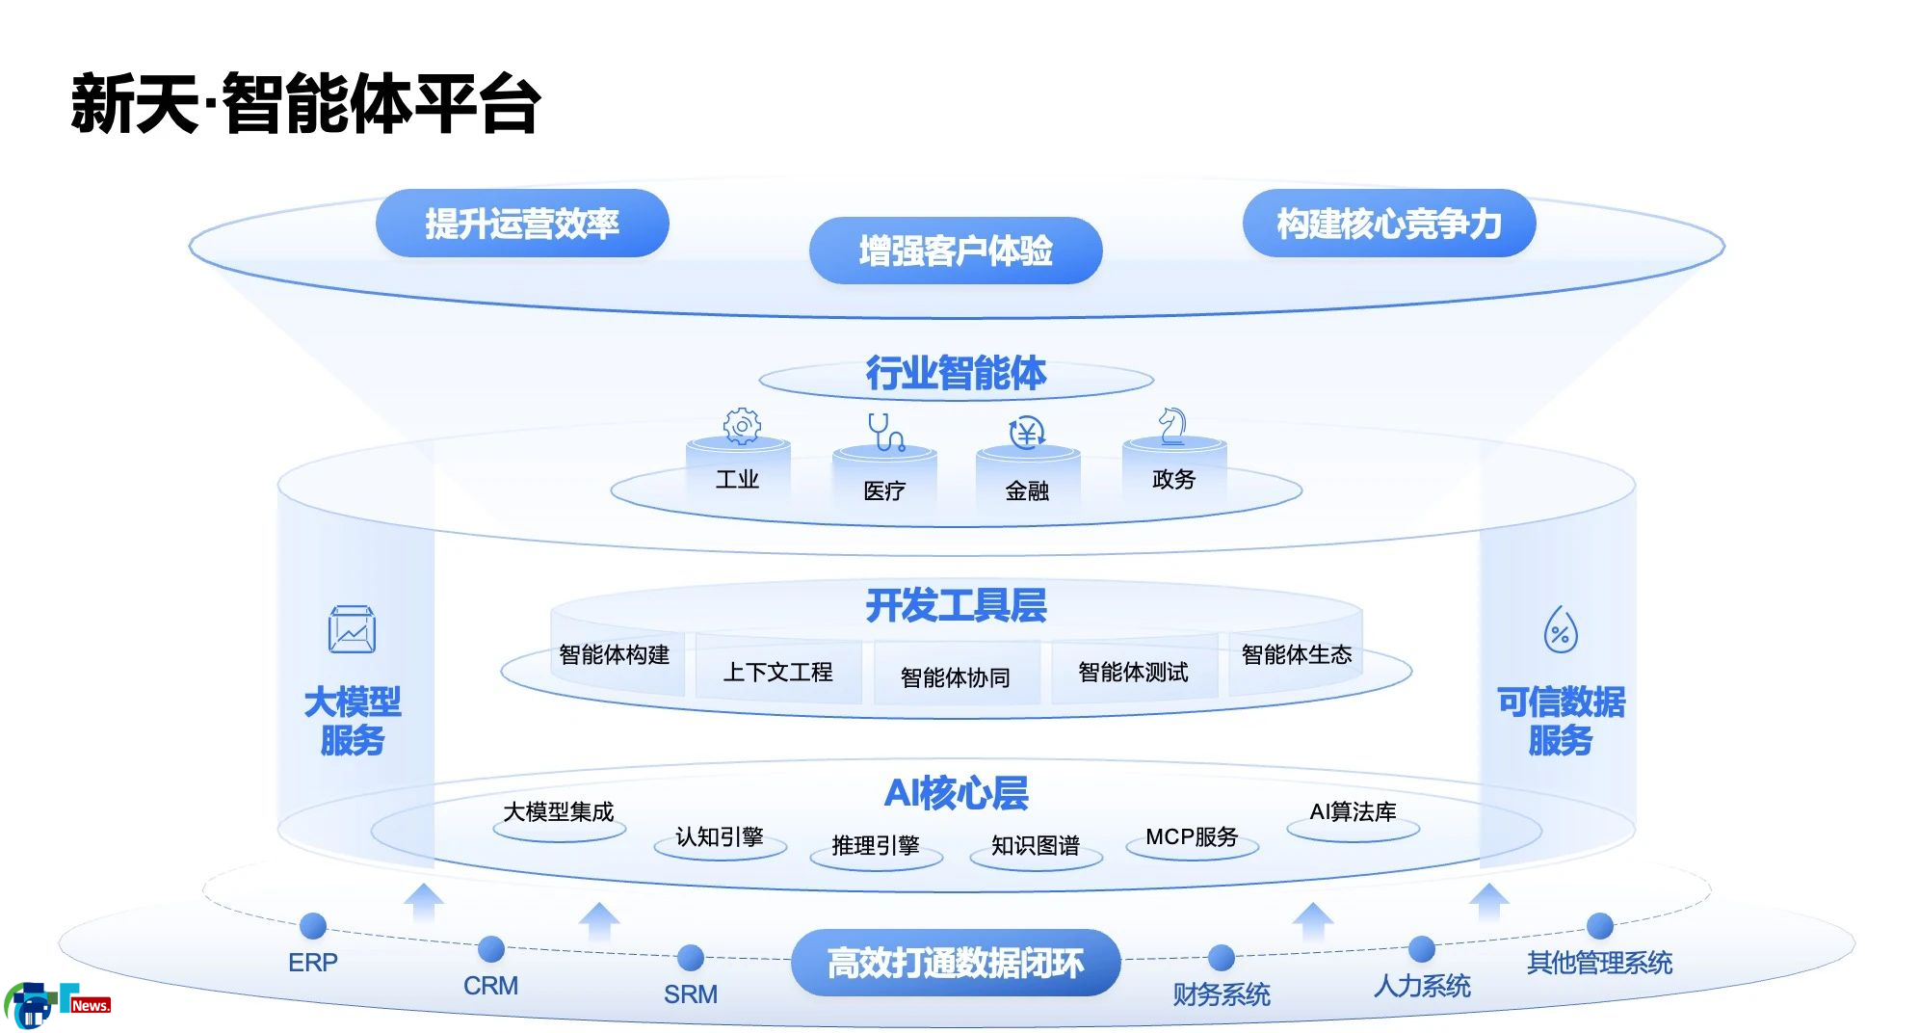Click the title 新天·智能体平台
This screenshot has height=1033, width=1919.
tap(305, 103)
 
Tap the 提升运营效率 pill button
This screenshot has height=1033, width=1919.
tap(522, 224)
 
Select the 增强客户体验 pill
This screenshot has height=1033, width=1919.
tap(956, 251)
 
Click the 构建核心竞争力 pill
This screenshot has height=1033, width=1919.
tap(1389, 224)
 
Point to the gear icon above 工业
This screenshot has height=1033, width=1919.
tap(742, 425)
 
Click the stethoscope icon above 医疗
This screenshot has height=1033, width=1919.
tap(885, 432)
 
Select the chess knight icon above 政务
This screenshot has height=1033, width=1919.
tap(1172, 425)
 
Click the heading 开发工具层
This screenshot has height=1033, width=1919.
tap(956, 605)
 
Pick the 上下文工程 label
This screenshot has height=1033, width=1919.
tap(778, 672)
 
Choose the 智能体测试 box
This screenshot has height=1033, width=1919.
tap(1134, 672)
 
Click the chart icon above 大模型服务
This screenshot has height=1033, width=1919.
tap(352, 630)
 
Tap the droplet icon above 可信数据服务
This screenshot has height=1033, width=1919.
tap(1561, 629)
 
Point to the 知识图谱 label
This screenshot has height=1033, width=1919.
tap(1036, 845)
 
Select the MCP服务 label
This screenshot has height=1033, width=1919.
tap(1192, 836)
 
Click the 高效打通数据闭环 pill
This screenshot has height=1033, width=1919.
tap(956, 963)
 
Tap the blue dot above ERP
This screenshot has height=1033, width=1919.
tap(313, 926)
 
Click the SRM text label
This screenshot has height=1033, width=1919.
tap(691, 993)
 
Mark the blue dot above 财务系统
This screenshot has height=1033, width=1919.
tap(1222, 958)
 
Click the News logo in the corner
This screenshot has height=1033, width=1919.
tap(58, 1005)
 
